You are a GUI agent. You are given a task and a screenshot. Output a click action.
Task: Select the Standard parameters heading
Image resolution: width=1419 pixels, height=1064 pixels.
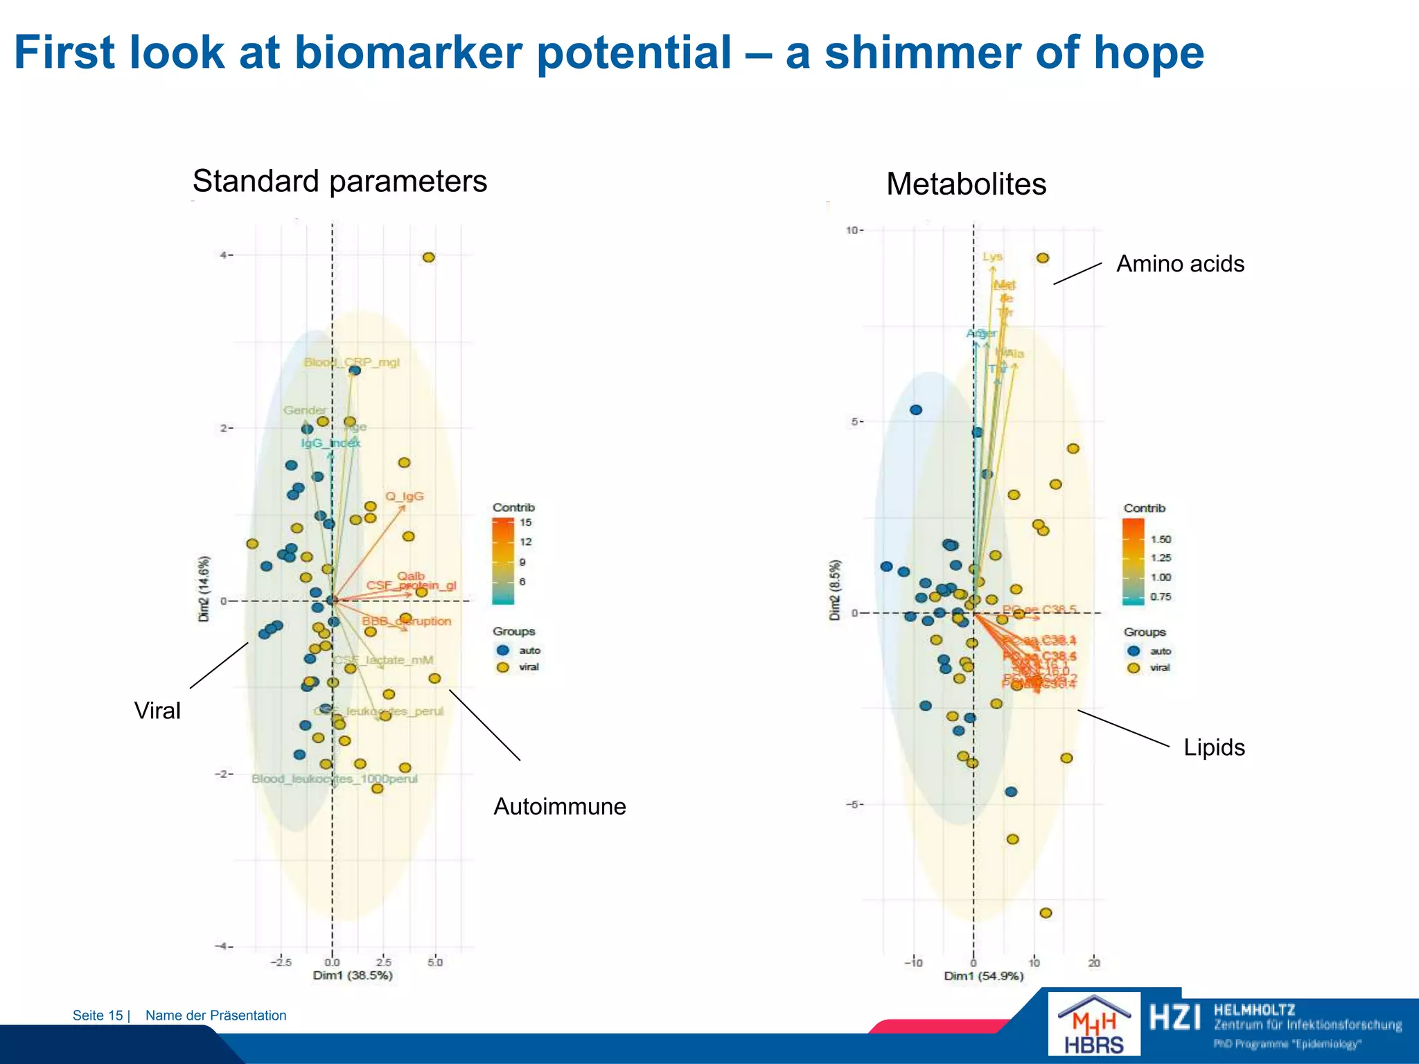[x=340, y=181]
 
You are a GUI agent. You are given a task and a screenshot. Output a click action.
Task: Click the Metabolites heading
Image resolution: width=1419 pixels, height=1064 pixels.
[x=966, y=184]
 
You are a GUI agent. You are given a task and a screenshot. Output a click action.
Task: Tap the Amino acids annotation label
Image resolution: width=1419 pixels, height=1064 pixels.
[x=1180, y=264]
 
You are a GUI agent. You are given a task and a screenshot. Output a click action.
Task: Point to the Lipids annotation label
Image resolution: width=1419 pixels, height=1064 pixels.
[x=1214, y=747]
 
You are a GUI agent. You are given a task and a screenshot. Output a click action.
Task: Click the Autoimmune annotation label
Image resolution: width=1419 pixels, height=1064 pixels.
[x=559, y=806]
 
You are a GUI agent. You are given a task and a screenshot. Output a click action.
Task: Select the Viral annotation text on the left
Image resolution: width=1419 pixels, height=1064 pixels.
[x=157, y=711]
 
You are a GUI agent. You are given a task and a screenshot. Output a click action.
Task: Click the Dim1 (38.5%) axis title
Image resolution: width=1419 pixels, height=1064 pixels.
[x=353, y=975]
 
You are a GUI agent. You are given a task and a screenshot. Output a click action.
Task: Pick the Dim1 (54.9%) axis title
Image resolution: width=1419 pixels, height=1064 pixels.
[x=983, y=976]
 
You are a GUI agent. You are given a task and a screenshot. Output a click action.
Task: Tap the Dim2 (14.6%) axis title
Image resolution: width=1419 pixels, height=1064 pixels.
[x=204, y=588]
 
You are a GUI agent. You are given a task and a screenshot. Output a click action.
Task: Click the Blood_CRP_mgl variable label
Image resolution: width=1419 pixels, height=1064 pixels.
[x=352, y=362]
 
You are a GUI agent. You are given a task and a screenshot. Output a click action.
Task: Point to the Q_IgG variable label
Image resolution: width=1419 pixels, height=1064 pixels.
[x=405, y=496]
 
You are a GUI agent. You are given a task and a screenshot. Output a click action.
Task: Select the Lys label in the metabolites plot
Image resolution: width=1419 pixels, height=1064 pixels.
[x=992, y=256]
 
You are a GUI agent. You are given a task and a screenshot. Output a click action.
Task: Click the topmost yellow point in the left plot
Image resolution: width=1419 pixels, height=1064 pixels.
[x=429, y=257]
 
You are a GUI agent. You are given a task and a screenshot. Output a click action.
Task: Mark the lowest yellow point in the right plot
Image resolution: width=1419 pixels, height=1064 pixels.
[x=1046, y=913]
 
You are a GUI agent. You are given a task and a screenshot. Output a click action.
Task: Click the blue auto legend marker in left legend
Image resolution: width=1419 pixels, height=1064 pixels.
[x=503, y=650]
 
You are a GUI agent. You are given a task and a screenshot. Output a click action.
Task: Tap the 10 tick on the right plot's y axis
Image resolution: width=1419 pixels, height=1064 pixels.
[x=852, y=230]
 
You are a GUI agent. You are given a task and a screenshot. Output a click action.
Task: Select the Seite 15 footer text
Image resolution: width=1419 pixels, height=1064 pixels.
[x=98, y=1016]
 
